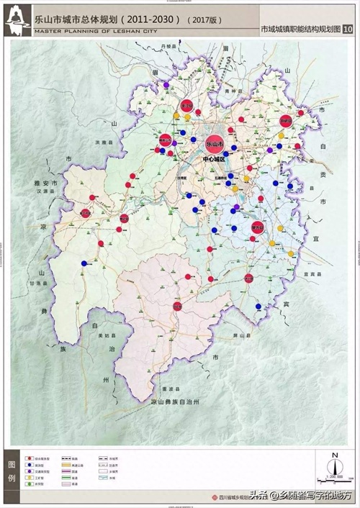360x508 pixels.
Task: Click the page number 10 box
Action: coord(348,30)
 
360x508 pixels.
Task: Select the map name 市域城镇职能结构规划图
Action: coord(300,30)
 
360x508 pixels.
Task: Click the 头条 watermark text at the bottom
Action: coord(258,495)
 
